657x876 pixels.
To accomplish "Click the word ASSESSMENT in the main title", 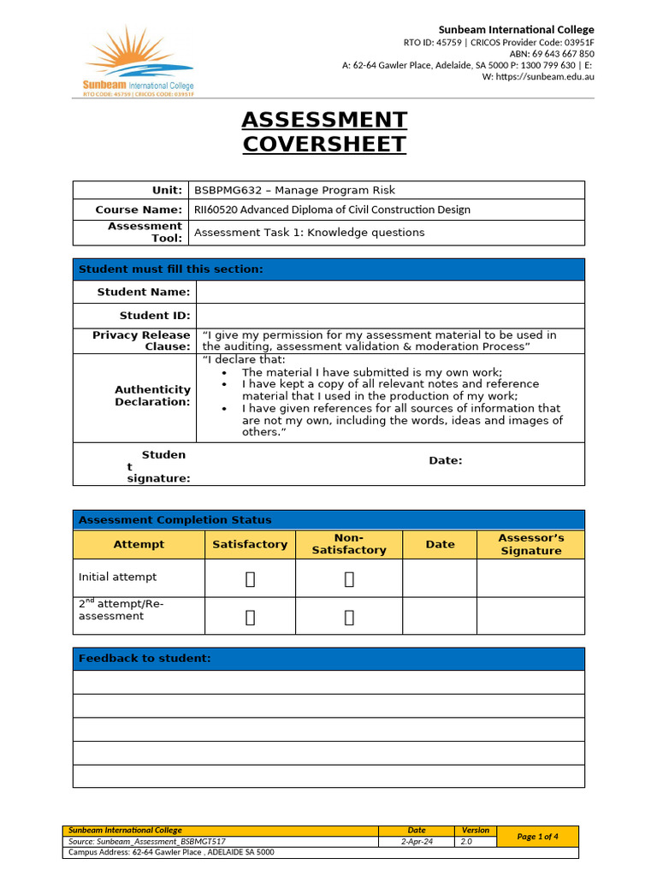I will [x=324, y=120].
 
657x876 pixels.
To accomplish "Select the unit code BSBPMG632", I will [x=227, y=190].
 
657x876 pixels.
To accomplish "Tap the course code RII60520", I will [x=217, y=210].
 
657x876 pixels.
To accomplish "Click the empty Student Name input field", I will [x=390, y=292].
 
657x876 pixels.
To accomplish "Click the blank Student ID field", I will [x=390, y=316].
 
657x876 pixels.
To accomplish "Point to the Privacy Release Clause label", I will [x=141, y=340].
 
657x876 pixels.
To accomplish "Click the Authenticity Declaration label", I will [x=152, y=395].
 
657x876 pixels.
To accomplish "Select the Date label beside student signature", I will [x=445, y=460].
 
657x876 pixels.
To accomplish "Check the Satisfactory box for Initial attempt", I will [x=250, y=579].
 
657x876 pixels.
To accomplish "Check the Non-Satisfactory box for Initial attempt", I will [x=349, y=579].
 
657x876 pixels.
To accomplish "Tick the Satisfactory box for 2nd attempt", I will [x=250, y=617].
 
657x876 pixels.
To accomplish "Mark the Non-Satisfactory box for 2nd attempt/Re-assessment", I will [x=349, y=617].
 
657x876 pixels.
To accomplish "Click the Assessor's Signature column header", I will [x=530, y=544].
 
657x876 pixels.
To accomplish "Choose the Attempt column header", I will [x=139, y=544].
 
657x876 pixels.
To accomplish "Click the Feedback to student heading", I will [x=144, y=658].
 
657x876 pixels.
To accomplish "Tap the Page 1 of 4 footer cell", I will [x=537, y=837].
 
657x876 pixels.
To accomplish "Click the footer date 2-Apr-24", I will [x=417, y=842].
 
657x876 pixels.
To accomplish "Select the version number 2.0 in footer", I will [x=466, y=842].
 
